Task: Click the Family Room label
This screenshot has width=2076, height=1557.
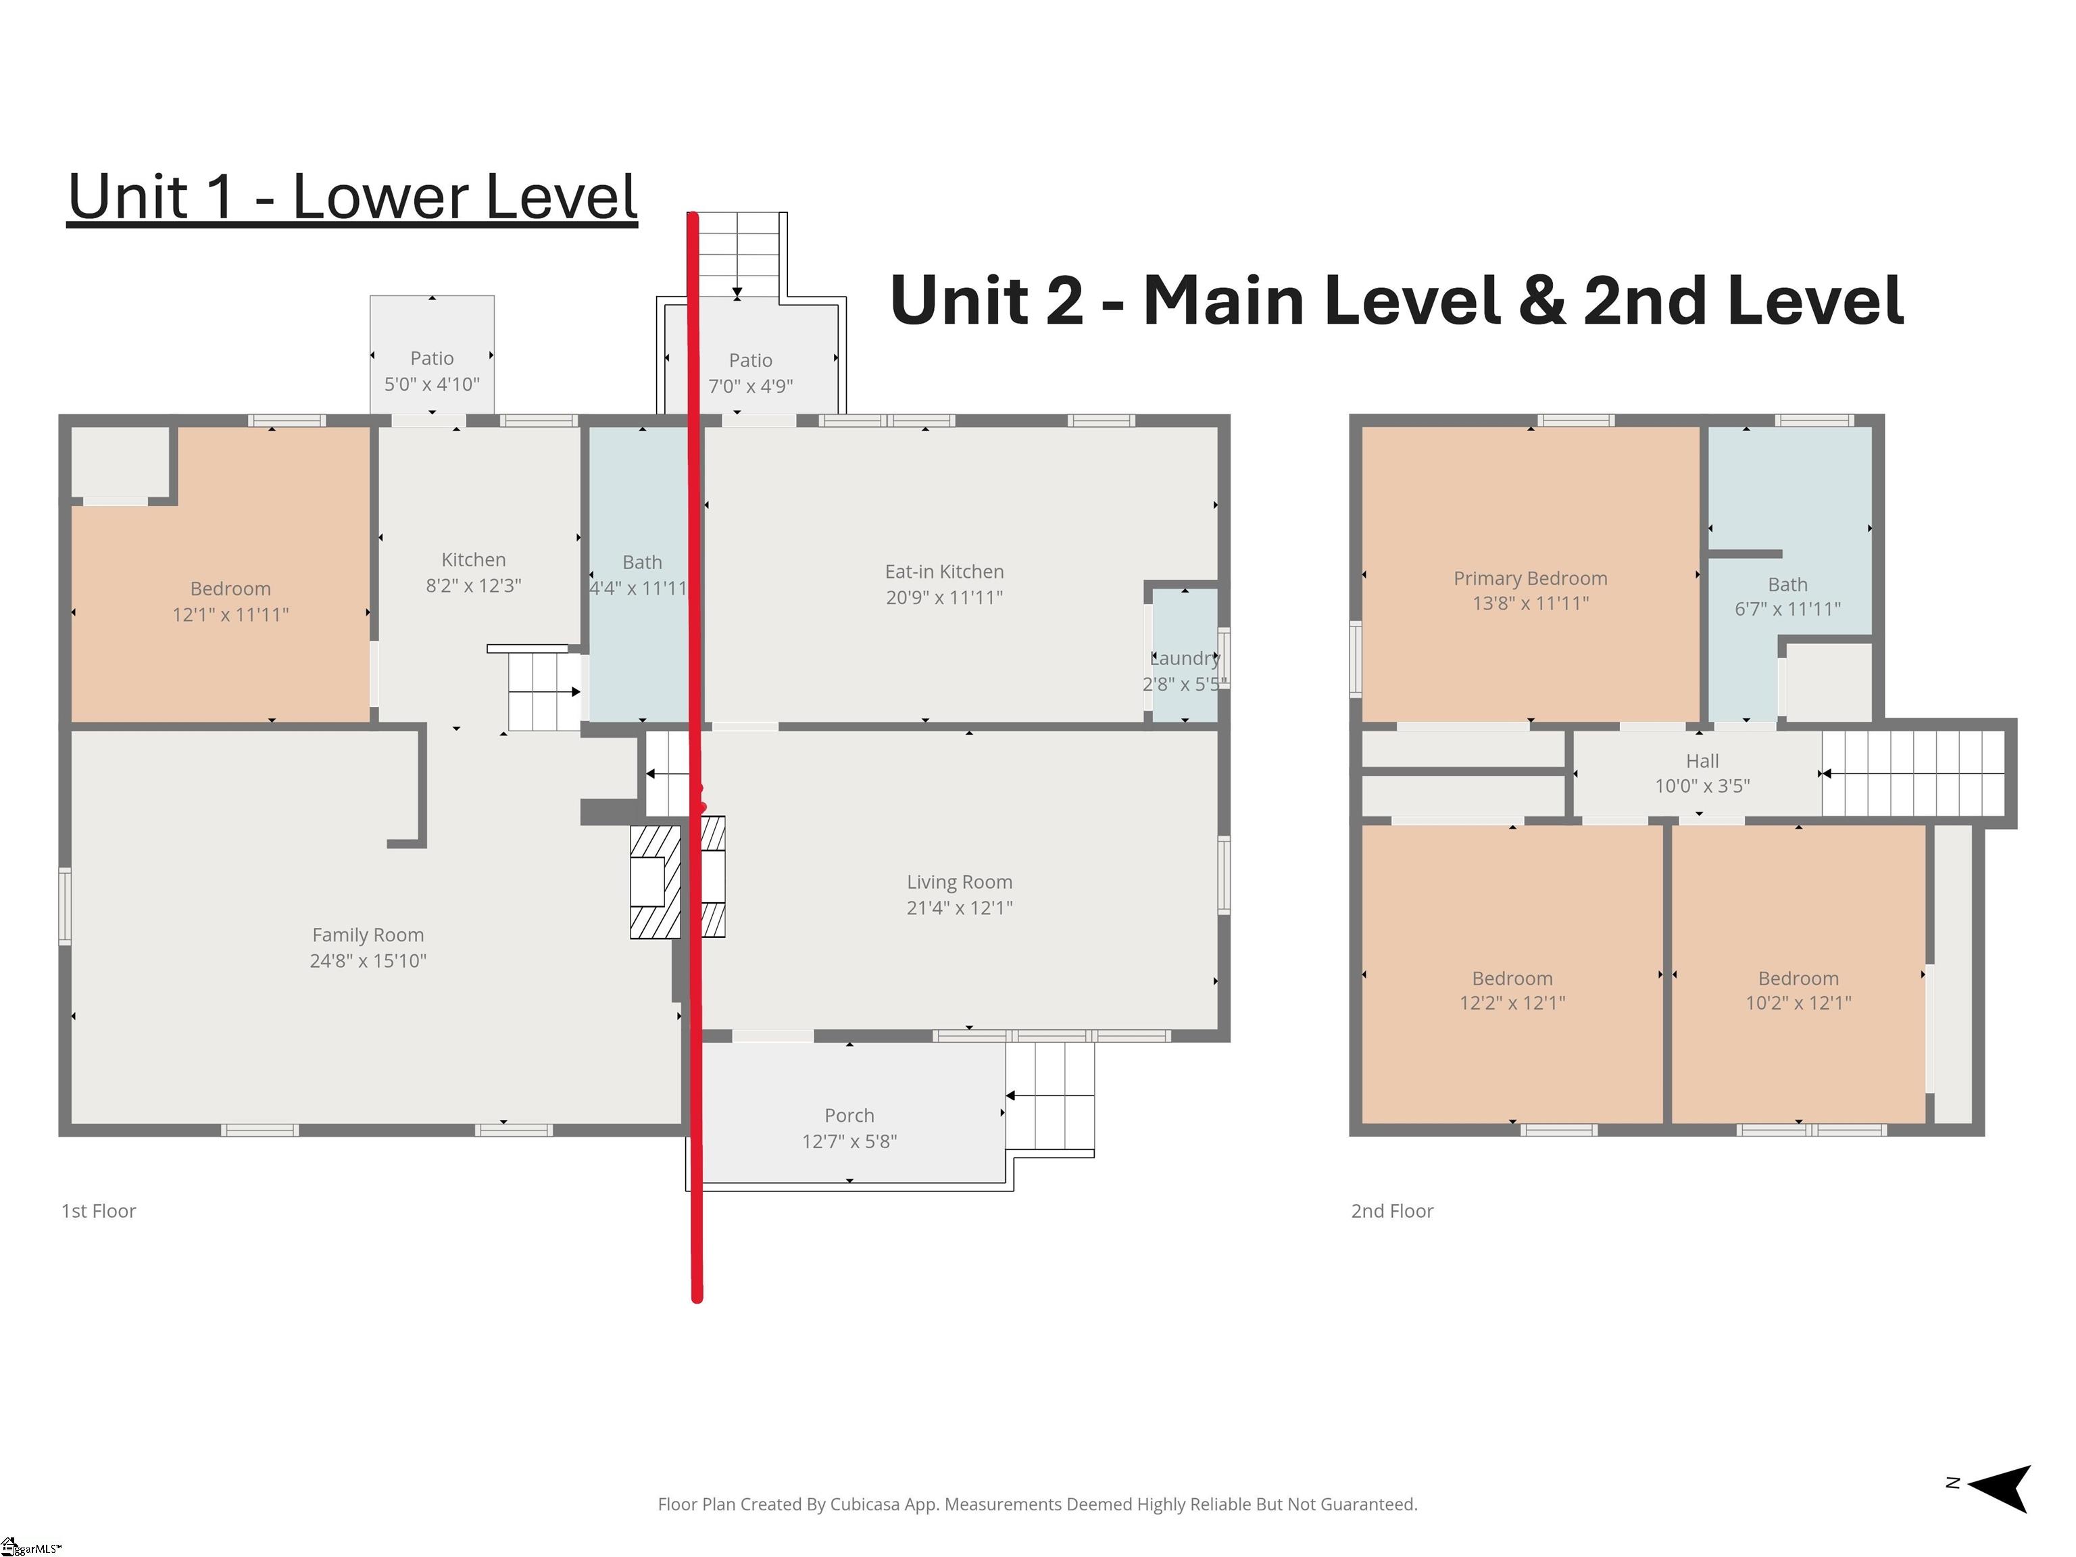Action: (x=368, y=935)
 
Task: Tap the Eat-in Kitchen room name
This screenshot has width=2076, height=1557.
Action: (x=944, y=572)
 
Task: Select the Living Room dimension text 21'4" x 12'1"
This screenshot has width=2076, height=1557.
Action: (x=959, y=908)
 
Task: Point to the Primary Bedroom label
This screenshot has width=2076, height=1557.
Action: (x=1530, y=578)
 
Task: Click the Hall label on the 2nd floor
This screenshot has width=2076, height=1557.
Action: (x=1702, y=761)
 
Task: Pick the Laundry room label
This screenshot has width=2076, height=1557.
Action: (x=1185, y=659)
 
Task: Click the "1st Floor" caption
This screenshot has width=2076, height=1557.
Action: (x=99, y=1211)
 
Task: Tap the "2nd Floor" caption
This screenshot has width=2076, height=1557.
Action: (x=1392, y=1211)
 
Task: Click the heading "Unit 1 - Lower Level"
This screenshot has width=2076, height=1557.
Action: (x=352, y=197)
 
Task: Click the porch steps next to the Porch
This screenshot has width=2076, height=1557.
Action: (x=1049, y=1096)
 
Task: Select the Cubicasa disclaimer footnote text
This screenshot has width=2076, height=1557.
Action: (x=1037, y=1504)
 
